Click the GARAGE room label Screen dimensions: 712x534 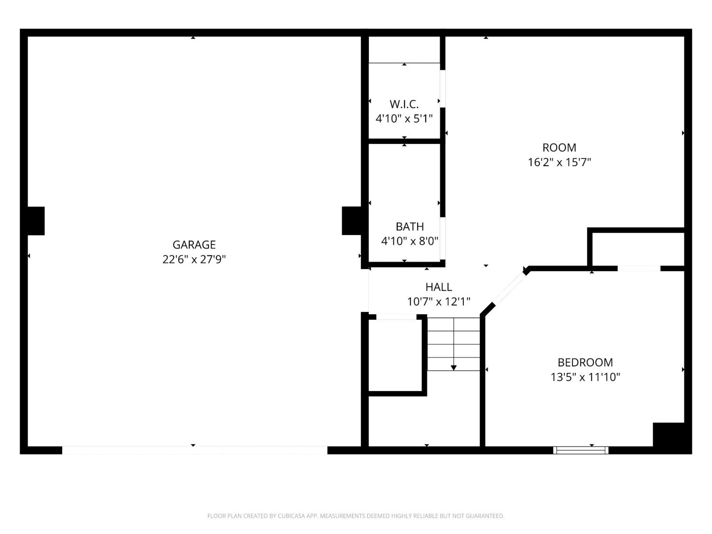tap(194, 244)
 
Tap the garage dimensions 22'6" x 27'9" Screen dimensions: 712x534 tap(194, 259)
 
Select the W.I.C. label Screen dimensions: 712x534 tap(404, 104)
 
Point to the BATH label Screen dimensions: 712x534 tap(410, 226)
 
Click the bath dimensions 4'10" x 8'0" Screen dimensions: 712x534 tap(410, 241)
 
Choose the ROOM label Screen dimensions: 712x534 tap(559, 148)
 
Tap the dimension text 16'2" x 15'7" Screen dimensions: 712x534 tap(559, 162)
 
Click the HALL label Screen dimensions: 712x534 tap(439, 287)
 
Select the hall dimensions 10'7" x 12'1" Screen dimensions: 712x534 tap(439, 301)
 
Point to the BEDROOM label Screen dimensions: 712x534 tap(585, 362)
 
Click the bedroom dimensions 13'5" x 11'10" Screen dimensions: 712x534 tap(585, 377)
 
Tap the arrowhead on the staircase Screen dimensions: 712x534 tap(453, 368)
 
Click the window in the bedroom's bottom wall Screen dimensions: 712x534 tap(581, 450)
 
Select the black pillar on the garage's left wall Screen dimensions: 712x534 tap(36, 221)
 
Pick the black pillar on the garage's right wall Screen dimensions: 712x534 tap(352, 221)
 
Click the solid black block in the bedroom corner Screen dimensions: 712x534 tap(668, 434)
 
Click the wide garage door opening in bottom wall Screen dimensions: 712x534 tap(195, 450)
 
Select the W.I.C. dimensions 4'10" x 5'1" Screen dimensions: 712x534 tap(404, 119)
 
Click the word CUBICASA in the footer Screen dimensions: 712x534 tap(289, 516)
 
